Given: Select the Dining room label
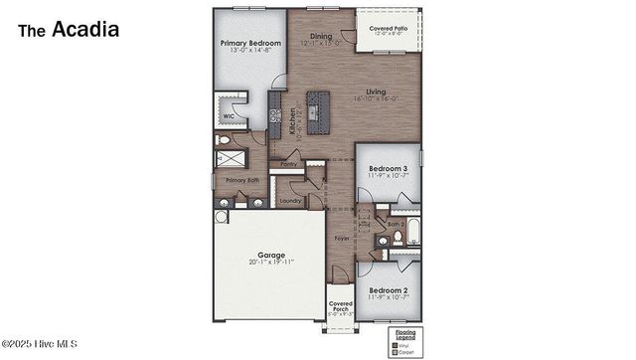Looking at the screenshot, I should coord(320,36).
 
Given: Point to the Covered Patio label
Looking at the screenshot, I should coord(388,28).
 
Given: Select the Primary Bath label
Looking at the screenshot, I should coord(241,180).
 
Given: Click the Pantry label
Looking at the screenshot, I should coord(290,165).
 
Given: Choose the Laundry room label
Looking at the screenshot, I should coord(290,201).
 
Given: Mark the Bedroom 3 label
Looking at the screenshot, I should coord(388,170).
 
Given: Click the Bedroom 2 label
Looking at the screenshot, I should coord(387,290).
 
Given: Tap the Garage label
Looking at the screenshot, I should coord(270,255).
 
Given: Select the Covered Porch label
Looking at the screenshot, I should coord(341,305).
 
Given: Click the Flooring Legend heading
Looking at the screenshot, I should coord(406,334).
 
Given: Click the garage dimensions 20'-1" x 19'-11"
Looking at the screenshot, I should coord(270,263).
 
